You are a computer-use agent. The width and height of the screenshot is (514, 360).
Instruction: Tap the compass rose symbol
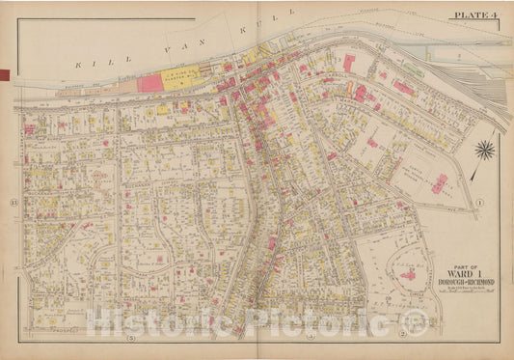485,150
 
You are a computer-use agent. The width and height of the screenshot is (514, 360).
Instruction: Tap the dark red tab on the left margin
4,74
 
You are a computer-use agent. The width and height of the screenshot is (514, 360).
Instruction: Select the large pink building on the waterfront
150,83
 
